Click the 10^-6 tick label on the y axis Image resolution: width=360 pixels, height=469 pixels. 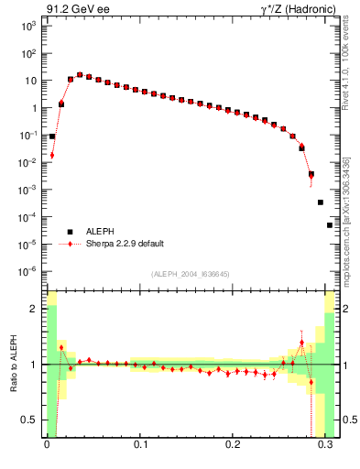(26, 272)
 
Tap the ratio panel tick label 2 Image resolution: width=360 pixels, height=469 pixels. (32, 310)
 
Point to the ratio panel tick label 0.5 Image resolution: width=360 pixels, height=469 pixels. (29, 420)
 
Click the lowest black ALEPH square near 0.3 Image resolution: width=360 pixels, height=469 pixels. (330, 224)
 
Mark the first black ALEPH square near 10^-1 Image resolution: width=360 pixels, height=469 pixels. (52, 136)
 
